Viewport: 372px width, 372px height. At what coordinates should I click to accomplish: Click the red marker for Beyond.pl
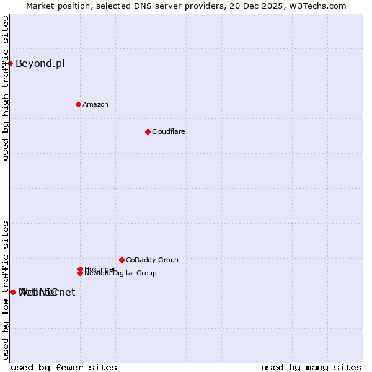click(11, 63)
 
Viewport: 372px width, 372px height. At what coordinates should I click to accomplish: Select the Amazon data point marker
click(78, 104)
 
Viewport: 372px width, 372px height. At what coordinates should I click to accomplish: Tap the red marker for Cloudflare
click(148, 131)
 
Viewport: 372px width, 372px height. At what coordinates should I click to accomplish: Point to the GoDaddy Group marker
click(122, 260)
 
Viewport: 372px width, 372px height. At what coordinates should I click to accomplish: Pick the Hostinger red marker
click(80, 269)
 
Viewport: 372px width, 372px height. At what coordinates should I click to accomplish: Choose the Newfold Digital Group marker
click(80, 273)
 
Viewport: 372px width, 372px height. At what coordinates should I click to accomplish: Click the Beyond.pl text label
click(40, 63)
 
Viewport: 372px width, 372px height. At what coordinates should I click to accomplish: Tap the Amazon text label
click(95, 104)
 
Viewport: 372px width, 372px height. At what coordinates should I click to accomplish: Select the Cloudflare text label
click(169, 131)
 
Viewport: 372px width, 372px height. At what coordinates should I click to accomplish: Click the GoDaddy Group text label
click(152, 260)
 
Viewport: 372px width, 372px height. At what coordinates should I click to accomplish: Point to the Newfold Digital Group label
click(121, 273)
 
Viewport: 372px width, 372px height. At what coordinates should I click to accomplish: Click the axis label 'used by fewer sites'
click(64, 367)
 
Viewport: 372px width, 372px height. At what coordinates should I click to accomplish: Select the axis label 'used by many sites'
click(311, 367)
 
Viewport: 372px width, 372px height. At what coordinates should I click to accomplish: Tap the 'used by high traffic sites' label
click(6, 88)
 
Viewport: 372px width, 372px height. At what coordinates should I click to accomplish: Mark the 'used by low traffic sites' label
click(6, 290)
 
